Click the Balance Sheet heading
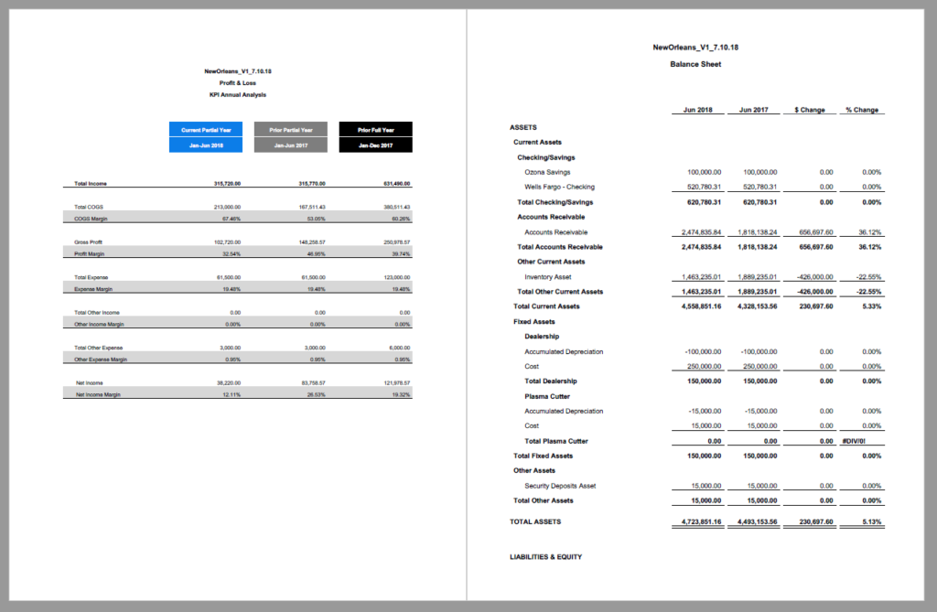pyautogui.click(x=695, y=64)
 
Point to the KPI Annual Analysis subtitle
pyautogui.click(x=237, y=94)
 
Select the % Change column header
pyautogui.click(x=861, y=110)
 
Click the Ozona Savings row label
pyautogui.click(x=547, y=172)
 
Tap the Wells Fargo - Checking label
pyautogui.click(x=559, y=187)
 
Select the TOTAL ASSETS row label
pyautogui.click(x=535, y=521)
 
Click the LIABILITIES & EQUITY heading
pyautogui.click(x=545, y=556)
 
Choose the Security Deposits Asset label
pyautogui.click(x=560, y=486)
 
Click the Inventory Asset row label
pyautogui.click(x=548, y=276)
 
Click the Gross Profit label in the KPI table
pyautogui.click(x=89, y=242)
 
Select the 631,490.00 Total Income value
pyautogui.click(x=395, y=184)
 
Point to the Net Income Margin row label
pyautogui.click(x=97, y=394)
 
